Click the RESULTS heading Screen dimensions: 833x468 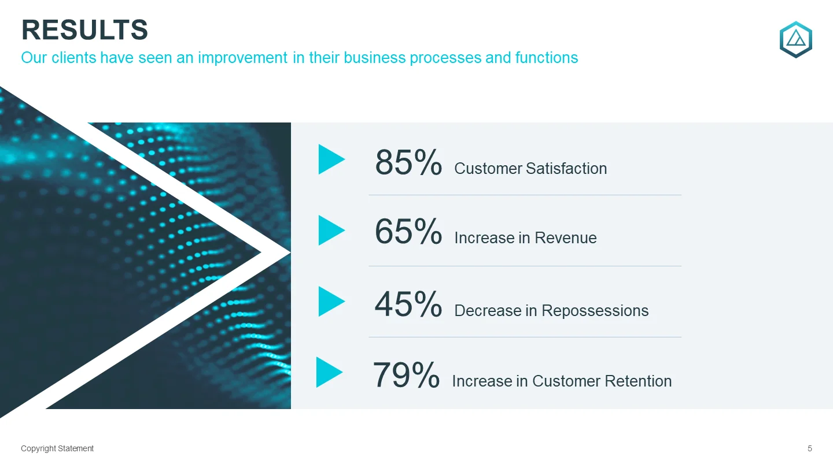point(85,29)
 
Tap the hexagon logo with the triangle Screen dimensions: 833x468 point(796,39)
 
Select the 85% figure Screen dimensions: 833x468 point(408,162)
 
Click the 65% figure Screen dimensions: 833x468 point(408,231)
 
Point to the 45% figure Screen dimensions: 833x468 point(408,304)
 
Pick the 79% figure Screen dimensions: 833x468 point(406,375)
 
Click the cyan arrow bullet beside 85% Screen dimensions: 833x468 point(331,159)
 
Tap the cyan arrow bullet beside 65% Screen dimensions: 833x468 point(331,231)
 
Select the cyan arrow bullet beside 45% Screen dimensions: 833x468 point(331,301)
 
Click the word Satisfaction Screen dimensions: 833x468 point(566,169)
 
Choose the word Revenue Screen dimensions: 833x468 point(565,237)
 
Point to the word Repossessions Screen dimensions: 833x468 point(595,311)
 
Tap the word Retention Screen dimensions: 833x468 point(638,381)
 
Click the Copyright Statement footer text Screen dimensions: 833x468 point(57,448)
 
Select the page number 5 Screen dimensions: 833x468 point(810,448)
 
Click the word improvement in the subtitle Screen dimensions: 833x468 point(242,58)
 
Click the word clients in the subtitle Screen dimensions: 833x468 point(74,58)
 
